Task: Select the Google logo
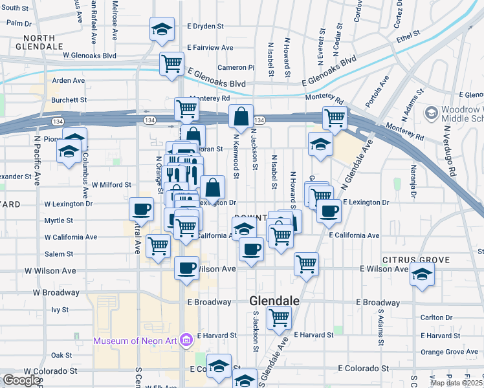(21, 380)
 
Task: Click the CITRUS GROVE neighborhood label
(415, 260)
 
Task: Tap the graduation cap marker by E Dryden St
(162, 30)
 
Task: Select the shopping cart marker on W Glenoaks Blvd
(171, 64)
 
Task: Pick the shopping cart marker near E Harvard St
(280, 318)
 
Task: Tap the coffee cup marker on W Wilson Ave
(187, 268)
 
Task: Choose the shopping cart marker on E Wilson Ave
(306, 263)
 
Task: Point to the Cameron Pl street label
(236, 67)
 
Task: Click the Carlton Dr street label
(436, 318)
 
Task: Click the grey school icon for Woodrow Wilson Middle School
(430, 114)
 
